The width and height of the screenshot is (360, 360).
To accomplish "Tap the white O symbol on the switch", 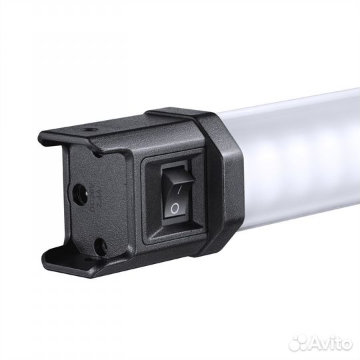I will click(175, 208).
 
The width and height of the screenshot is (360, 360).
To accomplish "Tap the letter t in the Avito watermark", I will click(331, 341).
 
